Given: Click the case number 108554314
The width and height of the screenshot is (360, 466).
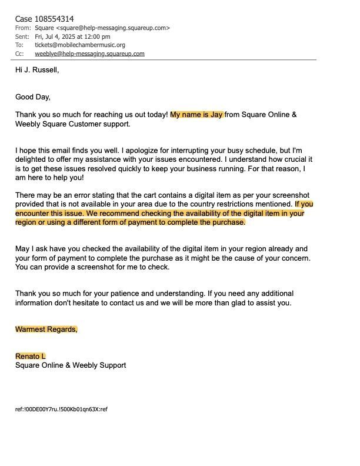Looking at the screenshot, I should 54,19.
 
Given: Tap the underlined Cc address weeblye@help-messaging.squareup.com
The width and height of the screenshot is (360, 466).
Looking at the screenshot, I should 89,54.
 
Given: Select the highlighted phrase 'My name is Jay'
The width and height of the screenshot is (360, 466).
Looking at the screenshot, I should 196,115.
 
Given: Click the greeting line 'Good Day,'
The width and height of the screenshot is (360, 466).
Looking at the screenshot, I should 33,97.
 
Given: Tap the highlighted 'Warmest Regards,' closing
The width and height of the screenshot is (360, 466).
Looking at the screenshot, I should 46,329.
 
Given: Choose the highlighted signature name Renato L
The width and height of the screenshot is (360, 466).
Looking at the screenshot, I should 31,357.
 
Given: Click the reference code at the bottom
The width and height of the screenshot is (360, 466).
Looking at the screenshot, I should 61,409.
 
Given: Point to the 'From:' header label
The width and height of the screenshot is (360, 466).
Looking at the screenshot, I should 23,28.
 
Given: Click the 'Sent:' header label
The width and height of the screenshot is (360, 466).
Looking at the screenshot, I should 23,36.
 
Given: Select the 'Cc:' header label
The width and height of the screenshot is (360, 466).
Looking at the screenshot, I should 20,54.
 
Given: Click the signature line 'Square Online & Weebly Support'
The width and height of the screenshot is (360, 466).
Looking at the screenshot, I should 71,365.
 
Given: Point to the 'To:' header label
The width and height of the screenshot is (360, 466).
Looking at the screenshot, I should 19,45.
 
